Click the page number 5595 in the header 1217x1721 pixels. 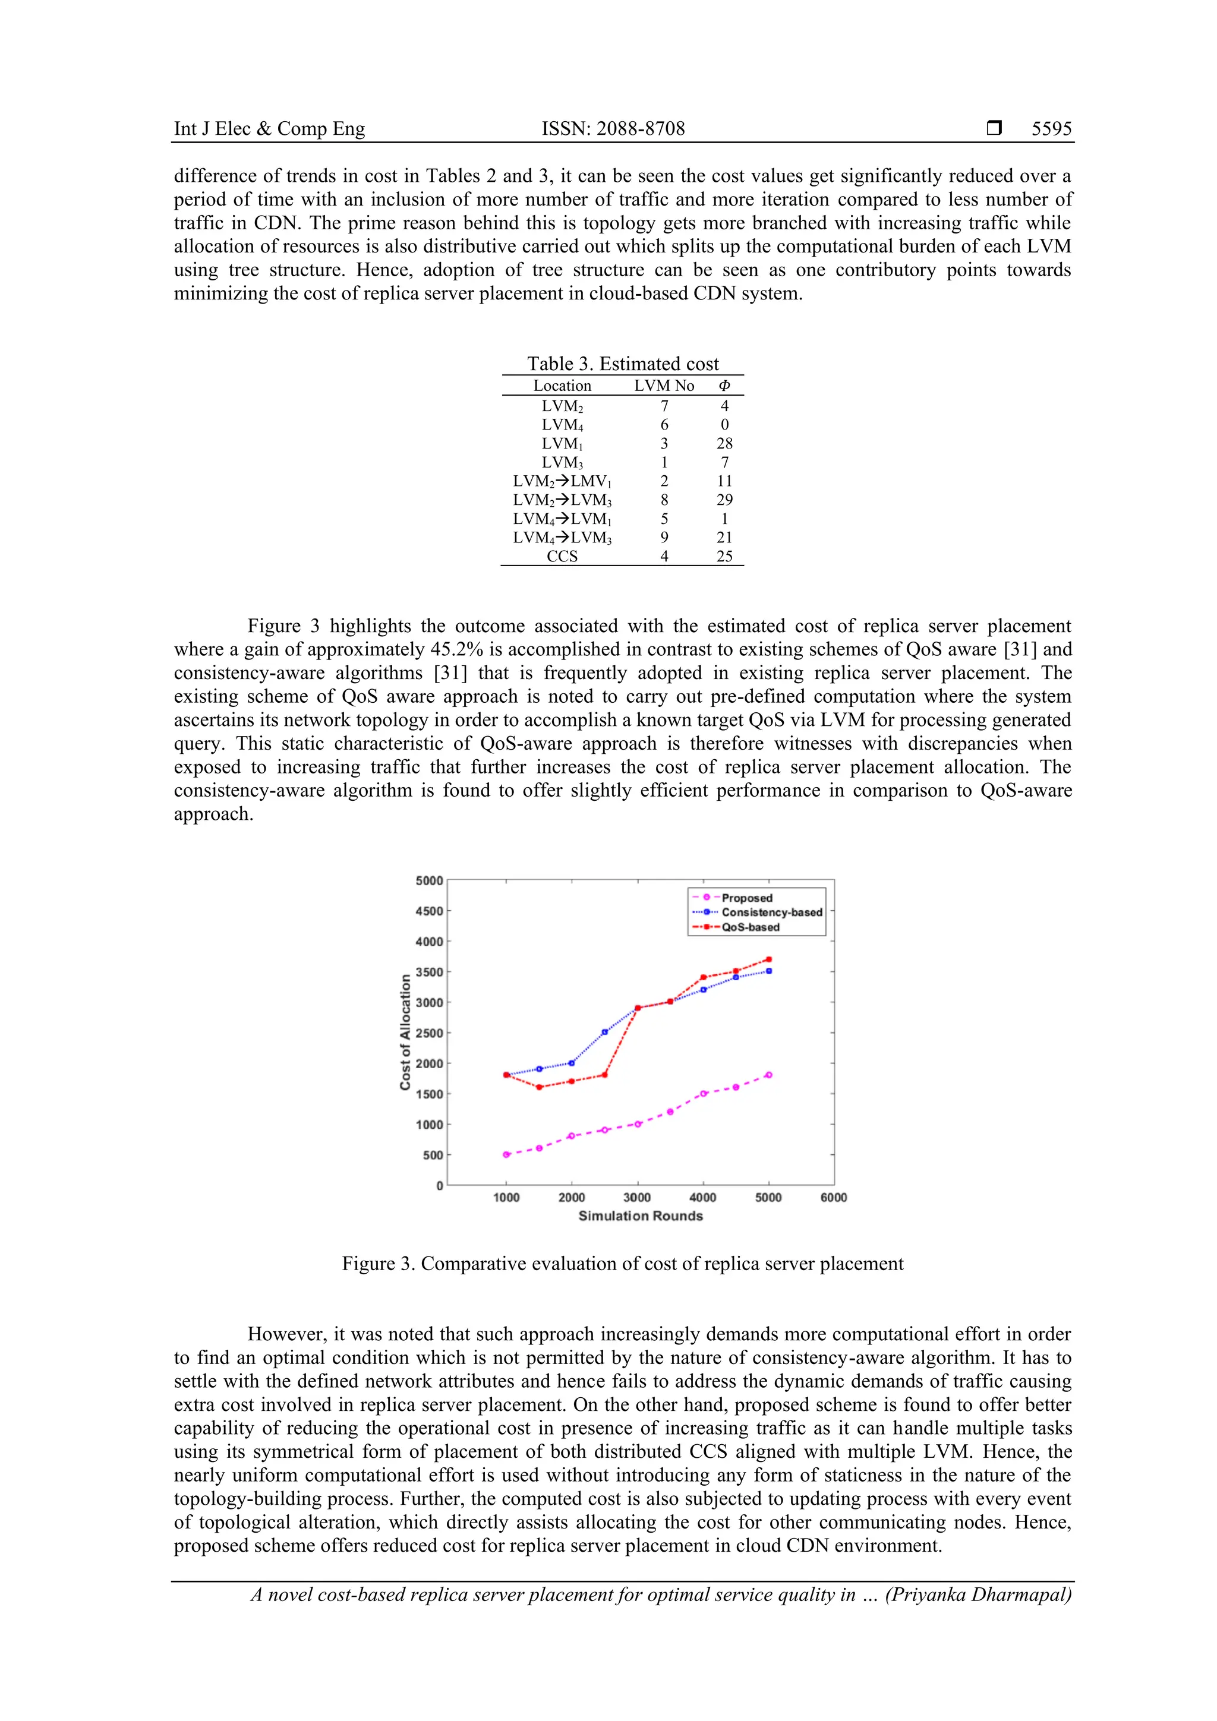1051,129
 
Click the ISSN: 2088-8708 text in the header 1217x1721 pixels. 613,129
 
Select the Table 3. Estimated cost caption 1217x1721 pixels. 622,364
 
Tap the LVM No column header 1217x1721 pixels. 664,386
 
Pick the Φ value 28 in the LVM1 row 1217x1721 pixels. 724,443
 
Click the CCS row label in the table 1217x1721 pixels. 562,556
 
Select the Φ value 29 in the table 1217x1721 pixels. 724,500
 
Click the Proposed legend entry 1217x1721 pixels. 746,898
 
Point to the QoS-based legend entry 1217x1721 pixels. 750,927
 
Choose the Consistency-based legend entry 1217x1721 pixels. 771,912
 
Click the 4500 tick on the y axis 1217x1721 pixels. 429,911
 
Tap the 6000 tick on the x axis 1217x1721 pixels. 833,1198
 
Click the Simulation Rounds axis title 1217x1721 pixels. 641,1216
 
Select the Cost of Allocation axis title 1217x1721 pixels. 406,1032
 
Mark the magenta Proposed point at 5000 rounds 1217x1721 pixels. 768,1075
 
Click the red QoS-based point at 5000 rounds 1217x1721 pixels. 768,959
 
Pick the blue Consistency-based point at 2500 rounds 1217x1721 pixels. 604,1032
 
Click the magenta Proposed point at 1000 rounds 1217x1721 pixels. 506,1154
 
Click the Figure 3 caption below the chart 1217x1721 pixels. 622,1264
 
